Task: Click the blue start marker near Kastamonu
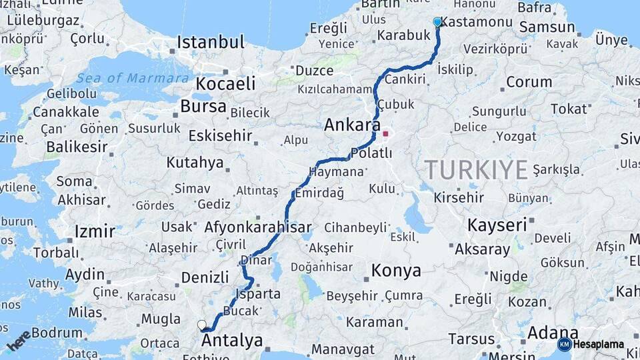(437, 22)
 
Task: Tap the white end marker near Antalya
(202, 325)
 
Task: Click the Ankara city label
(352, 125)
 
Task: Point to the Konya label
(396, 271)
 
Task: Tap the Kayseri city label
(497, 225)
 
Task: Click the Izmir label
(95, 232)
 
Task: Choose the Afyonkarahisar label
(258, 227)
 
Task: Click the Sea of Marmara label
(133, 78)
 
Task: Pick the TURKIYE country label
(477, 170)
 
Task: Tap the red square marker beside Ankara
(385, 134)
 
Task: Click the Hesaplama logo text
(598, 345)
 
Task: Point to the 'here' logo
(19, 341)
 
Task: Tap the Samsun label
(547, 27)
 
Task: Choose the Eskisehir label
(220, 136)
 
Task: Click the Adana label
(553, 332)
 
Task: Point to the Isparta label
(257, 293)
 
